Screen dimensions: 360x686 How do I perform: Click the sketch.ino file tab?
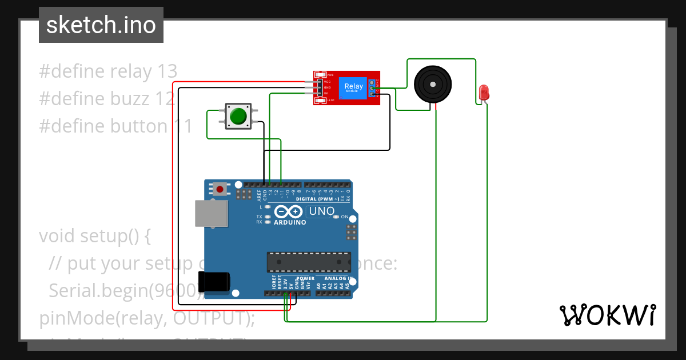(101, 25)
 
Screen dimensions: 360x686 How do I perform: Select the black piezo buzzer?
(431, 84)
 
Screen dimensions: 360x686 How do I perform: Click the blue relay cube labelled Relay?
(353, 88)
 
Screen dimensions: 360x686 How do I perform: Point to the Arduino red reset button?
(220, 189)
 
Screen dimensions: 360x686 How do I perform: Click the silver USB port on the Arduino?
(210, 213)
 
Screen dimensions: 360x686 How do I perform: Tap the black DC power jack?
(214, 283)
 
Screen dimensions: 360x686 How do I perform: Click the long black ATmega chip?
(309, 261)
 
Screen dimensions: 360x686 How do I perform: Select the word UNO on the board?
(321, 211)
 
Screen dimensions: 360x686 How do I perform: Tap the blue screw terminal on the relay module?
(373, 89)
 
